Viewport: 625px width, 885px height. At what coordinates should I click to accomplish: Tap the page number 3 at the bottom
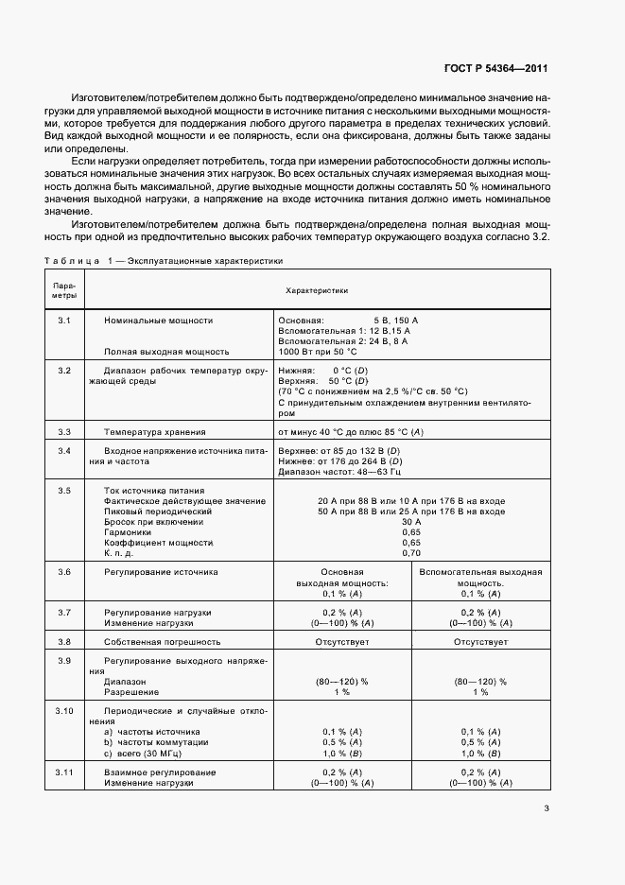click(547, 807)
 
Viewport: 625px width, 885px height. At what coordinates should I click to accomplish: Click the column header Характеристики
click(317, 292)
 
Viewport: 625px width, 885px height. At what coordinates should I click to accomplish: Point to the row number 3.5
click(64, 491)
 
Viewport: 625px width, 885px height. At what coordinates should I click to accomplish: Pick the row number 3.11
click(64, 772)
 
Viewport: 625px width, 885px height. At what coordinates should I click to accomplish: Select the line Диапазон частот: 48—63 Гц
click(339, 470)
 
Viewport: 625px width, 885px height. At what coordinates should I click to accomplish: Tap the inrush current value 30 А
click(411, 521)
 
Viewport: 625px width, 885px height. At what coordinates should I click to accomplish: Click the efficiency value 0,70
click(411, 553)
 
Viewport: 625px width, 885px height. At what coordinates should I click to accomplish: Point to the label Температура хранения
click(154, 431)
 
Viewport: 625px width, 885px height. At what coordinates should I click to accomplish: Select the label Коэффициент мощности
click(156, 543)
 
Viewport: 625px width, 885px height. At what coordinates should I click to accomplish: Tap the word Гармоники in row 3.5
click(128, 532)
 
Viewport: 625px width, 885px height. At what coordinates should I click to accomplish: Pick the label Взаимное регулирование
click(160, 772)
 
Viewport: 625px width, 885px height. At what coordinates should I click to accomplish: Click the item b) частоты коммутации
click(151, 742)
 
